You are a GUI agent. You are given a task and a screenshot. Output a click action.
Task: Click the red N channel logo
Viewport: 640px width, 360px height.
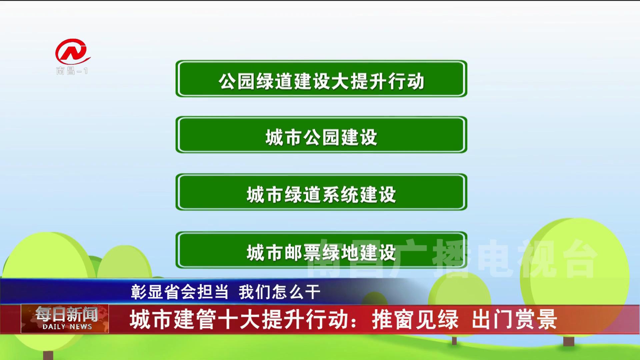point(72,52)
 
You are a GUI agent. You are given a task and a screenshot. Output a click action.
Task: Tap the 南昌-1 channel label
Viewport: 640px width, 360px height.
point(72,71)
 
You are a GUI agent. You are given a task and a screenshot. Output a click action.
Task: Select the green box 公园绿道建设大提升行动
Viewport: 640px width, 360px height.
point(321,79)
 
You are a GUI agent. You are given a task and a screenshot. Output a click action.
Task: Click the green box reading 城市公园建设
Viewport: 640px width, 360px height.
point(321,135)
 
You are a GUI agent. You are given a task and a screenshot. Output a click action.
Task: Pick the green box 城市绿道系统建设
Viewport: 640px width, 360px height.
point(321,192)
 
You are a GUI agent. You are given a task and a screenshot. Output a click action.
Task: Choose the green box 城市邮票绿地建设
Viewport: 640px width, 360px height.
point(321,250)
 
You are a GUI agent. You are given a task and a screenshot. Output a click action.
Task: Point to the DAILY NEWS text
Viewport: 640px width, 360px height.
point(67,327)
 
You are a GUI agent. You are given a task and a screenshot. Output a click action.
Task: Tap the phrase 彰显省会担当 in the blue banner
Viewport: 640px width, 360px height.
point(180,292)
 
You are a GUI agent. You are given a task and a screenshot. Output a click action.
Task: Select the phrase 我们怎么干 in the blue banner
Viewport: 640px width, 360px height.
point(279,292)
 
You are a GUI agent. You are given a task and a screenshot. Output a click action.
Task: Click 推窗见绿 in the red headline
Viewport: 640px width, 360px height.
point(415,319)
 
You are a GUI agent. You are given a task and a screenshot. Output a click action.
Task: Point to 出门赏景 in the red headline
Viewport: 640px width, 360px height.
point(514,319)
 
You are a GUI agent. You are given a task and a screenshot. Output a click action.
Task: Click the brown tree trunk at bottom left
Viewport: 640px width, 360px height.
point(48,355)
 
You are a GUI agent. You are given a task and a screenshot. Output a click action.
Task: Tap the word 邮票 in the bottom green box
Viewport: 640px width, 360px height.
point(303,253)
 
